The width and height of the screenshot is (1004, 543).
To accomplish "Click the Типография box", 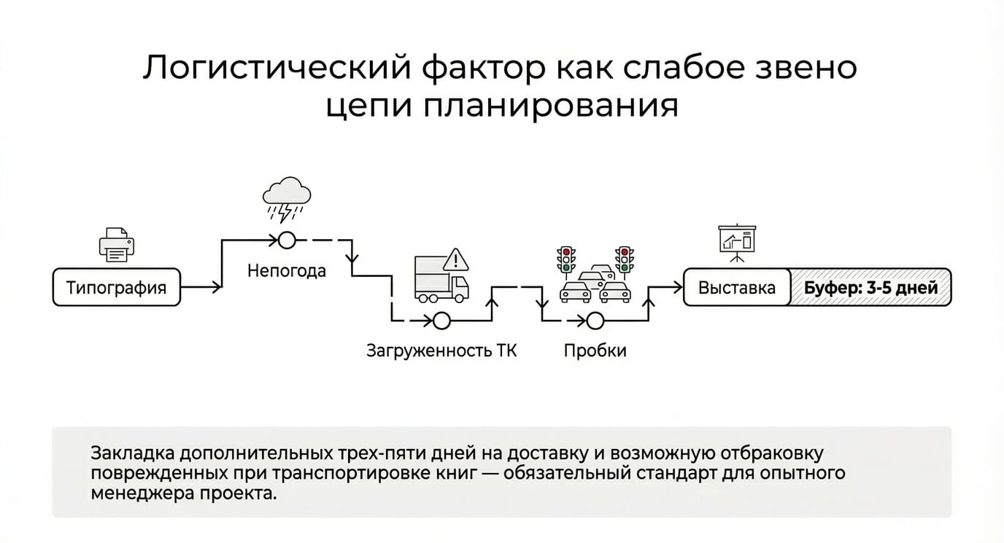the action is (x=117, y=287).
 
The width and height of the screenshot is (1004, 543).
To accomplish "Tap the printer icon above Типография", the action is (x=117, y=244).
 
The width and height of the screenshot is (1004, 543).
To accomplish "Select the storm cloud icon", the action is (x=287, y=200).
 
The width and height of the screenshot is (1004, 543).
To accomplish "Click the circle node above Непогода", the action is (x=287, y=241).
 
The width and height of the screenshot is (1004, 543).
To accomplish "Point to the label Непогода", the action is (x=287, y=271).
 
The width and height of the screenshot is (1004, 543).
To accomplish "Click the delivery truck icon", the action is (x=441, y=278).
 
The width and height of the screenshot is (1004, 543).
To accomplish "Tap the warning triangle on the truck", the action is (x=456, y=259).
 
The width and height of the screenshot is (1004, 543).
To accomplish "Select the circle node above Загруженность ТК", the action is (x=441, y=321).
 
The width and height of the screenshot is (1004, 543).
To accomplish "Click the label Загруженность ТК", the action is (x=441, y=351).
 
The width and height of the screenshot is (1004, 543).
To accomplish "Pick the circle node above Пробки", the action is (x=595, y=321).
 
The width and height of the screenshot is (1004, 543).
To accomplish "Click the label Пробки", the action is (x=595, y=351).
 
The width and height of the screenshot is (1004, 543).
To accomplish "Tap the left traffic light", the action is (x=566, y=259).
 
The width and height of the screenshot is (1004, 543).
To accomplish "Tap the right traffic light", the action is (x=625, y=259).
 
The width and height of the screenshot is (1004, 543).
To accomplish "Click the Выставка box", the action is (x=737, y=287).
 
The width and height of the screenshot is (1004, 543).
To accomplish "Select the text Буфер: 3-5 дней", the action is (x=871, y=288).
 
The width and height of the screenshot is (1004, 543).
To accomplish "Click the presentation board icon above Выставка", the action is (x=737, y=243).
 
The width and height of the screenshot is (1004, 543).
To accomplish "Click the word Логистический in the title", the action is (x=277, y=68).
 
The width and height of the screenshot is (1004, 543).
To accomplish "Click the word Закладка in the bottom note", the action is (x=133, y=453).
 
